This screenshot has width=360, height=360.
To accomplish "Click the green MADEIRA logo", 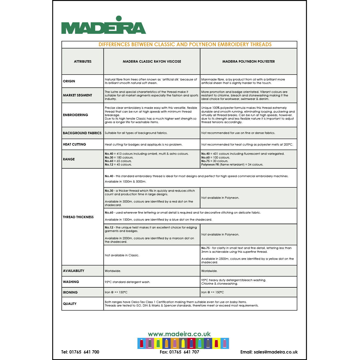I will pyautogui.click(x=103, y=26).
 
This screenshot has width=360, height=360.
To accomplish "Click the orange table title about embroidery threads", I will pyautogui.click(x=185, y=45).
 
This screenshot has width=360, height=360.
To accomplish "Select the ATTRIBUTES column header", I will pyautogui.click(x=83, y=62).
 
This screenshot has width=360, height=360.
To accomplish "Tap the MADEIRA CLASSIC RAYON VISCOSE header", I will pyautogui.click(x=152, y=62).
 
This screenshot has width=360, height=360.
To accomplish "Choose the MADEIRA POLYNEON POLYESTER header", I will pyautogui.click(x=248, y=62).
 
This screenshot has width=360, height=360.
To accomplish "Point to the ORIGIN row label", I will pyautogui.click(x=69, y=81).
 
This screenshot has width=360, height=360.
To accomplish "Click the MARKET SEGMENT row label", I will pyautogui.click(x=78, y=95).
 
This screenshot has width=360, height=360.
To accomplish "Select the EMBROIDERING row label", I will pyautogui.click(x=76, y=115).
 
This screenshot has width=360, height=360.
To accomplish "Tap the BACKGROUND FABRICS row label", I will pyautogui.click(x=82, y=133).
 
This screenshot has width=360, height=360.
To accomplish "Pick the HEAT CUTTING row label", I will pyautogui.click(x=75, y=144).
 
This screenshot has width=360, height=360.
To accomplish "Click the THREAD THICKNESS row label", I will pyautogui.click(x=78, y=217).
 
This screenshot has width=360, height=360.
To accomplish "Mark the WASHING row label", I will pyautogui.click(x=71, y=282).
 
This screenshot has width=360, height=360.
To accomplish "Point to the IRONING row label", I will pyautogui.click(x=70, y=292).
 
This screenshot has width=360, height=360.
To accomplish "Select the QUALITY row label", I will pyautogui.click(x=70, y=304).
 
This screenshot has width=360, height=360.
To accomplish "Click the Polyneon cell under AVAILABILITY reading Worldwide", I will pyautogui.click(x=209, y=271).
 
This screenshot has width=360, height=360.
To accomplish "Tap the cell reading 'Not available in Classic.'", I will pyautogui.click(x=122, y=255).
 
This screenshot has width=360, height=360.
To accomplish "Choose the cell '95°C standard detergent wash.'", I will pyautogui.click(x=127, y=282).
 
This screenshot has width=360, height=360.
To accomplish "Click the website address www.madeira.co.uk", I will pyautogui.click(x=179, y=334).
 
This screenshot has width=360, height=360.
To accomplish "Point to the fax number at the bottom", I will pyautogui.click(x=179, y=352).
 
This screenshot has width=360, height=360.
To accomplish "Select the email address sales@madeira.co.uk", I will pyautogui.click(x=269, y=352).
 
